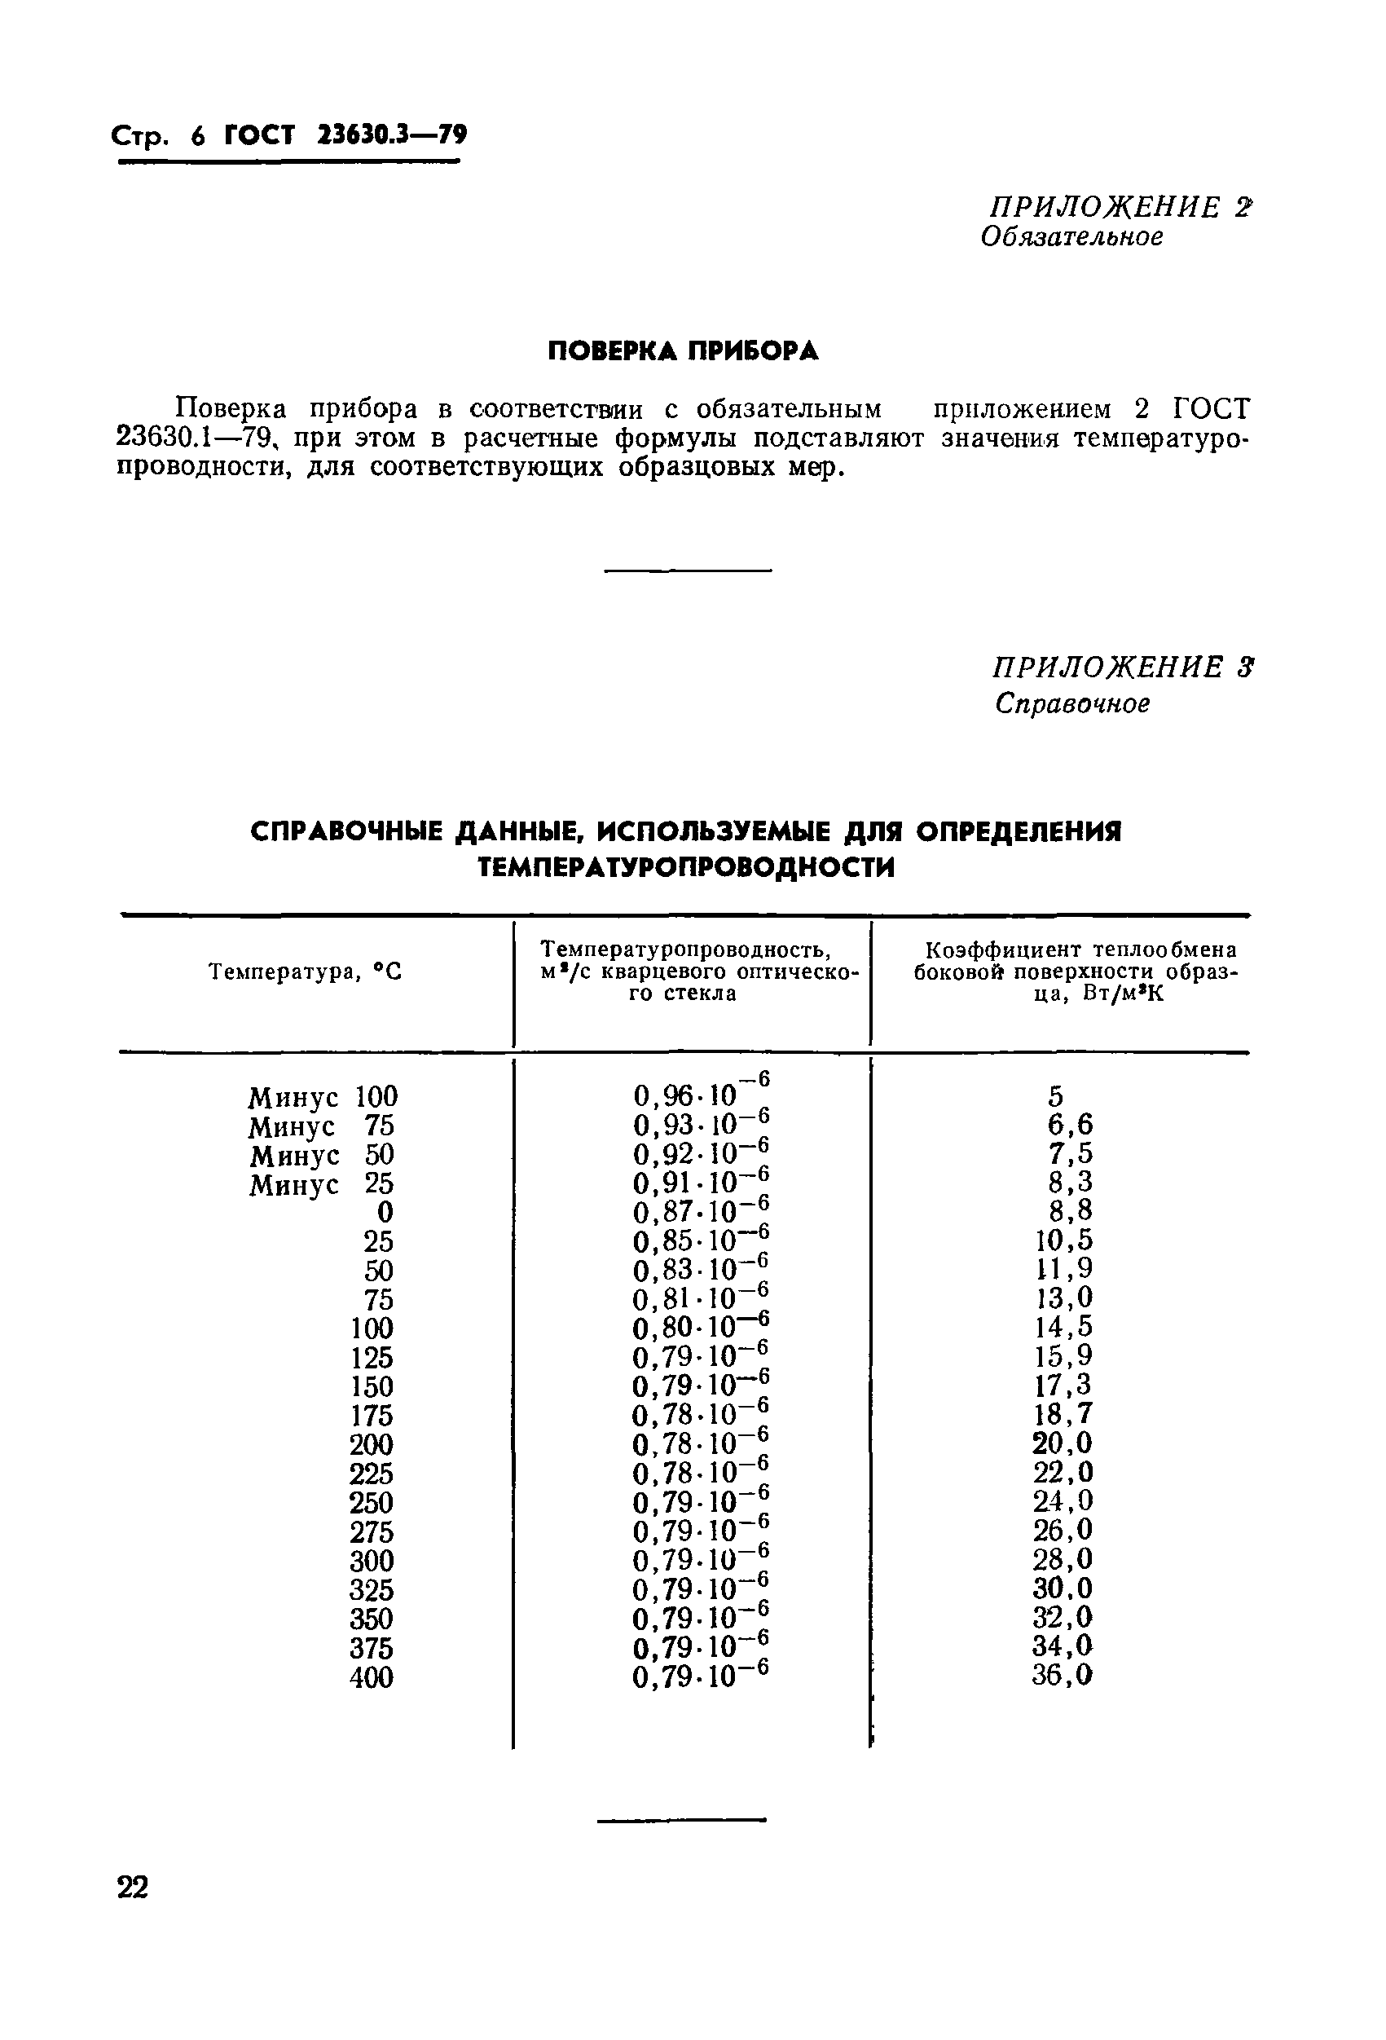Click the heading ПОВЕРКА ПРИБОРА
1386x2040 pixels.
(683, 351)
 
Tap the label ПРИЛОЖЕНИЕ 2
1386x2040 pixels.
(1120, 207)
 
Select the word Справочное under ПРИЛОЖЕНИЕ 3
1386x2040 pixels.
(1071, 703)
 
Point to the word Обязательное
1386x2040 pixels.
(1071, 237)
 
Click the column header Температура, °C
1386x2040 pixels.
(305, 972)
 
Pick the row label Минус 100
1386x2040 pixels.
(322, 1097)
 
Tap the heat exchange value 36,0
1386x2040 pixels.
(1062, 1675)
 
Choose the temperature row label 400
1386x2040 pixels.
(372, 1677)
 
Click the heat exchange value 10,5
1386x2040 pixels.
(1063, 1240)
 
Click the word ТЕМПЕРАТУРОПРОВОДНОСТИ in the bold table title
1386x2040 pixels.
(685, 868)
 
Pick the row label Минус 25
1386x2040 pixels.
(321, 1184)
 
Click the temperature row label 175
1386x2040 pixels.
(372, 1416)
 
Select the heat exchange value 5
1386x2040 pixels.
(1055, 1096)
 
